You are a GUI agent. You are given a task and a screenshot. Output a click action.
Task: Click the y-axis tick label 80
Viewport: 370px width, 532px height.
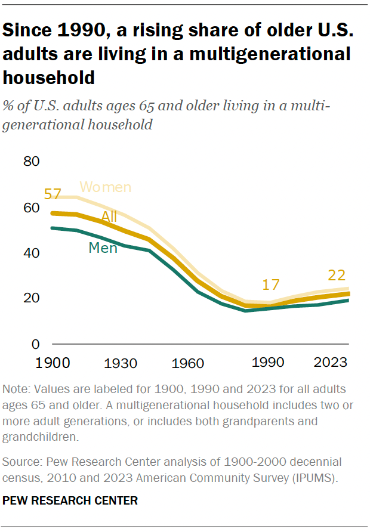(x=32, y=162)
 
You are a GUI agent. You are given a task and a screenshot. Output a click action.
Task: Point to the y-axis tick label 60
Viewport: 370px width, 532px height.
(x=32, y=208)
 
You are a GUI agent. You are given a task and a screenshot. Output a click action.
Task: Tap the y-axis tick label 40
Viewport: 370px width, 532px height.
(x=32, y=253)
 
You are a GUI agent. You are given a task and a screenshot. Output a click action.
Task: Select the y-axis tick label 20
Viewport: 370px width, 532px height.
(x=32, y=298)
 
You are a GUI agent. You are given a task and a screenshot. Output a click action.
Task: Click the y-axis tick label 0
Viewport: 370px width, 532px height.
(x=35, y=344)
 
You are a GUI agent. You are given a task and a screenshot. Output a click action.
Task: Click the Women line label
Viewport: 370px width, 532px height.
(x=105, y=187)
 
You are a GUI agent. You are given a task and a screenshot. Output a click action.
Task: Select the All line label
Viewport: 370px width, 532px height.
(x=109, y=216)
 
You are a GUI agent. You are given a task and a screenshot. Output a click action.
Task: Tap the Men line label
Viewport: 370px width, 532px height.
(x=103, y=248)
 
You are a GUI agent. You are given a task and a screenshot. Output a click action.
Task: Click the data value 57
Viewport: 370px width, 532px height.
(x=53, y=194)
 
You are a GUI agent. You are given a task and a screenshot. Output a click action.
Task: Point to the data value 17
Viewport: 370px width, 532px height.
(x=270, y=284)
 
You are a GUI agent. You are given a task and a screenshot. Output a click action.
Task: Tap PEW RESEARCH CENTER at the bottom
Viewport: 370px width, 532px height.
(x=70, y=501)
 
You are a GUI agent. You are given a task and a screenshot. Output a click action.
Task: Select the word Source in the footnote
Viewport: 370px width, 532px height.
(x=21, y=462)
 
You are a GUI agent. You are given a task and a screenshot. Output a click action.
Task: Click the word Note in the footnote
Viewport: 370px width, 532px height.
(x=17, y=389)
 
